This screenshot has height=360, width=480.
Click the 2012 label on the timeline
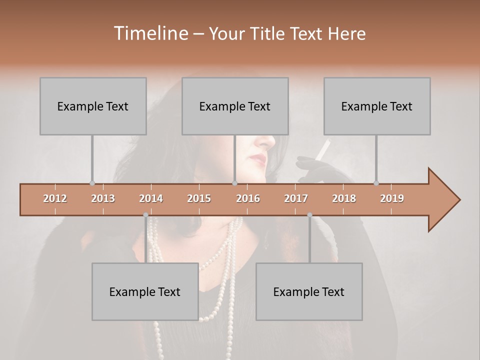coord(55,198)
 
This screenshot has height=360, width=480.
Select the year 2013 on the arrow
coord(103,198)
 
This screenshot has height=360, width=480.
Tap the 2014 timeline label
coord(151,198)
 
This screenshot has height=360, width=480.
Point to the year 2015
coord(199,198)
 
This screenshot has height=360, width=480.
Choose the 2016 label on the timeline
coord(248,198)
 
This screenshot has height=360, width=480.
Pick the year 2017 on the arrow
coord(296,198)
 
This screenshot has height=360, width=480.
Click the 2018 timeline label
coord(344,198)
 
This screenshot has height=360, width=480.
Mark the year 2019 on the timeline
coord(392,198)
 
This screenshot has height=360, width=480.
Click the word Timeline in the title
coord(150,33)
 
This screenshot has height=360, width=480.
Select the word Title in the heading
coord(268,34)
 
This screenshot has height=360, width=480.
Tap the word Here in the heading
coord(346,34)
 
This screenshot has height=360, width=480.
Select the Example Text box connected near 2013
coord(93,106)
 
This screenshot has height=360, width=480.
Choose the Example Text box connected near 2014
coord(145,291)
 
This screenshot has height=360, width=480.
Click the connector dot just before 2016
coord(235,183)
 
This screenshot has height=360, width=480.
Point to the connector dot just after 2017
coord(309,215)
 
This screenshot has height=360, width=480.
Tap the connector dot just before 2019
coord(376,183)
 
